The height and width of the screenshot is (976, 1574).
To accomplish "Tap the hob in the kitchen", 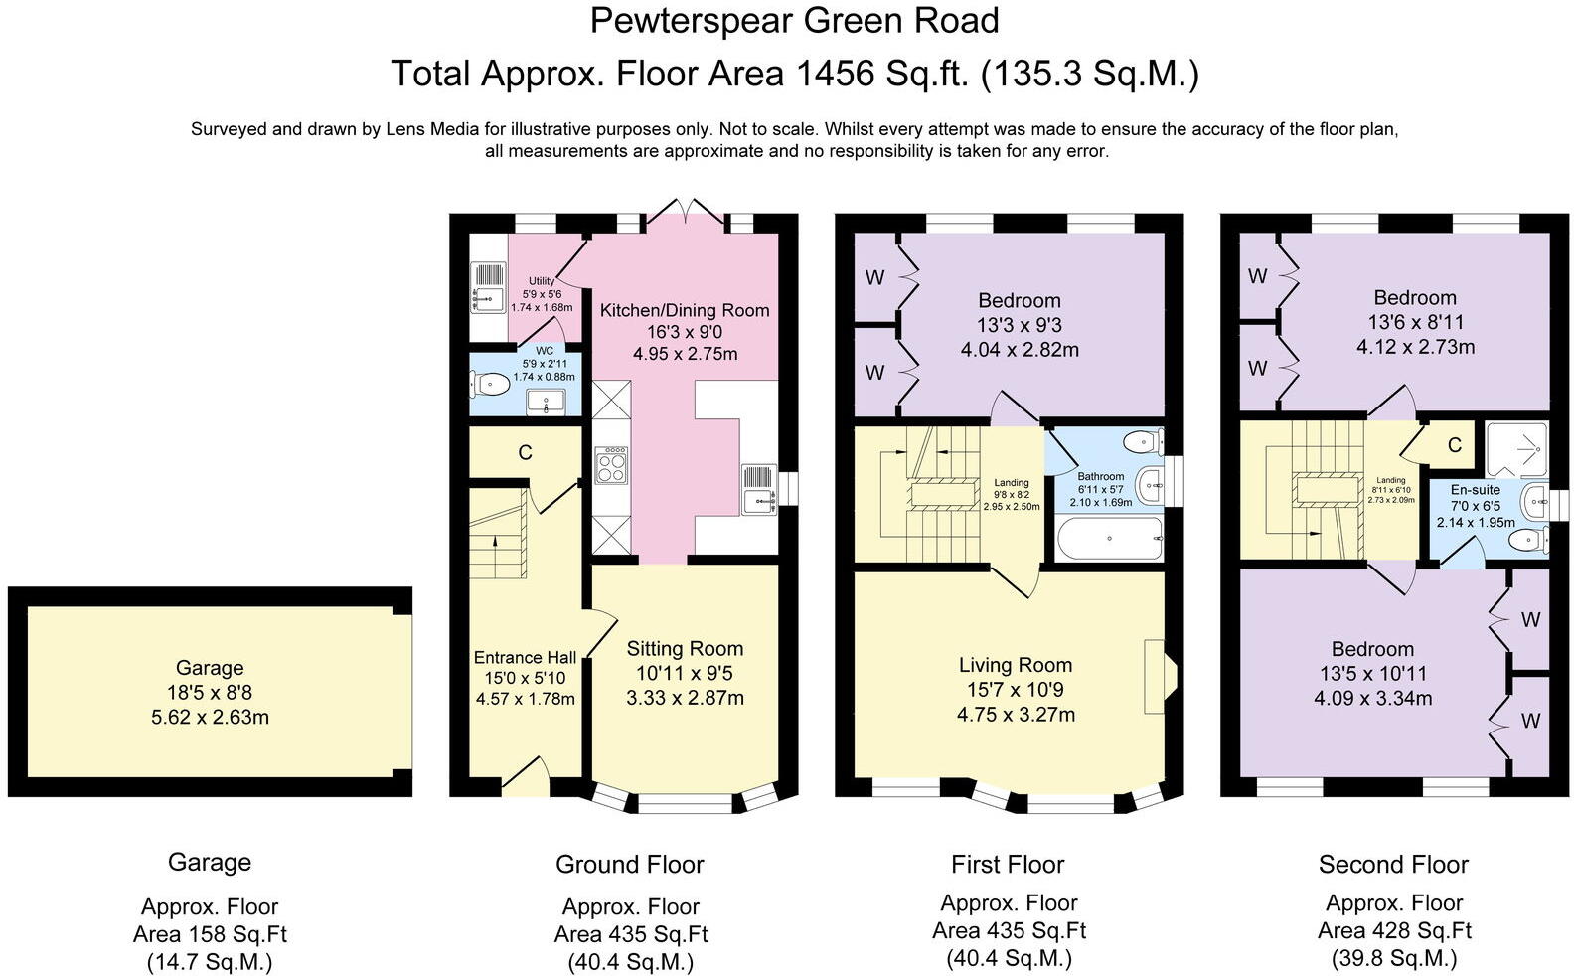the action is (611, 465).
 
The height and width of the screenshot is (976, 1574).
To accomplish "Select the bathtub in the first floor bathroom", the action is (1110, 539).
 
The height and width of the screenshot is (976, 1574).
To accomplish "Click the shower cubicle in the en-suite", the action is (1516, 449).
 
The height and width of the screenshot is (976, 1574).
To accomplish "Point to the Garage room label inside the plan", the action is (210, 668).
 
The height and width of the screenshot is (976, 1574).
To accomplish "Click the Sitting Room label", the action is (685, 649).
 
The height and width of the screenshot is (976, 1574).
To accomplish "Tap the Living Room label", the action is (1016, 665).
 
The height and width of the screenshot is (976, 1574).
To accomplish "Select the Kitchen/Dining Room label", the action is (685, 310).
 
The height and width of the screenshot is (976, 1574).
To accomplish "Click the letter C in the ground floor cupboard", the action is (525, 453).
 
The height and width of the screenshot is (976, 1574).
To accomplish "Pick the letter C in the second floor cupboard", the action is (1455, 445).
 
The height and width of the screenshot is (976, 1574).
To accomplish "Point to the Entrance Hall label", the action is (525, 658).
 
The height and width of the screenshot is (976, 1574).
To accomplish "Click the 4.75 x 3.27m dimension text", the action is (1016, 715).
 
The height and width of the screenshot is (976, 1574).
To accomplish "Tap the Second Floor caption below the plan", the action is (1393, 865).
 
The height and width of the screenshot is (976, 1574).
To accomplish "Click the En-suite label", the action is (1476, 490).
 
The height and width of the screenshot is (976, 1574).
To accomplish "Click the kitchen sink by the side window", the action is (759, 489).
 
